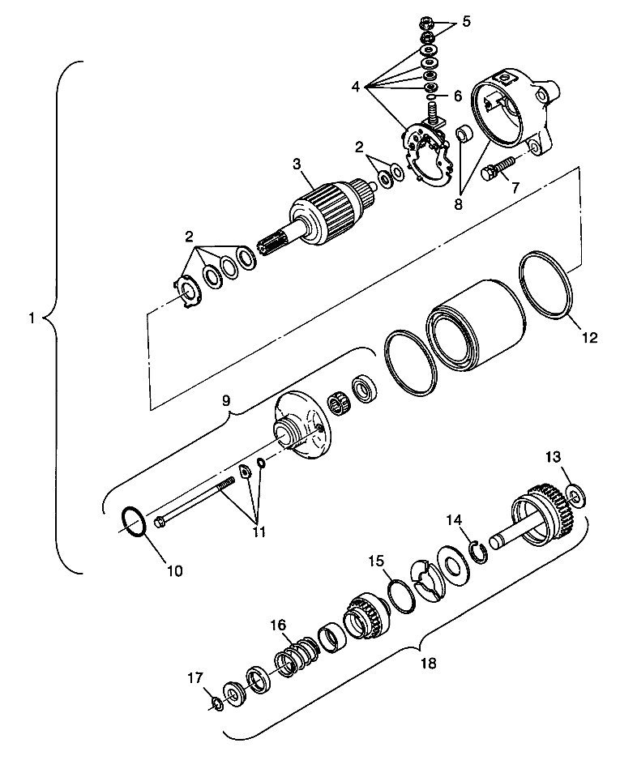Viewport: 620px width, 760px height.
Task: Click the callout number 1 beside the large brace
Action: point(32,318)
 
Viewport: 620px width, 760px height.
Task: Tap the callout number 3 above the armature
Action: point(297,164)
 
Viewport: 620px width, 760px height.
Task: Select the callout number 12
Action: point(589,337)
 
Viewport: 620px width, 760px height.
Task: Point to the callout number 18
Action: point(429,662)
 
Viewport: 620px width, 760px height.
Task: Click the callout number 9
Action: point(226,400)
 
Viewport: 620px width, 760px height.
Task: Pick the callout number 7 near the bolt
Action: point(515,188)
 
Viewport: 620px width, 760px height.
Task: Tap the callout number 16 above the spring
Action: point(278,624)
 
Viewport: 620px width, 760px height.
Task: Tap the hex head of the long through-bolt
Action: point(160,523)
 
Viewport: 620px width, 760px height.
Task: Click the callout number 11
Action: point(258,532)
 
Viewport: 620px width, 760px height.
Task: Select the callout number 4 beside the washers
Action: point(357,88)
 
